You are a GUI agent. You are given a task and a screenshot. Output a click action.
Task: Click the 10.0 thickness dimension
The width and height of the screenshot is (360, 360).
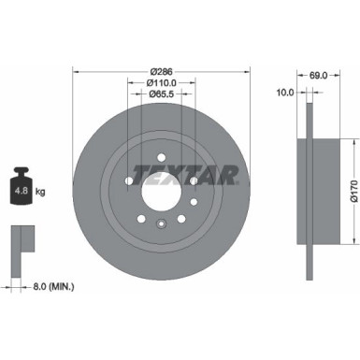286,92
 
